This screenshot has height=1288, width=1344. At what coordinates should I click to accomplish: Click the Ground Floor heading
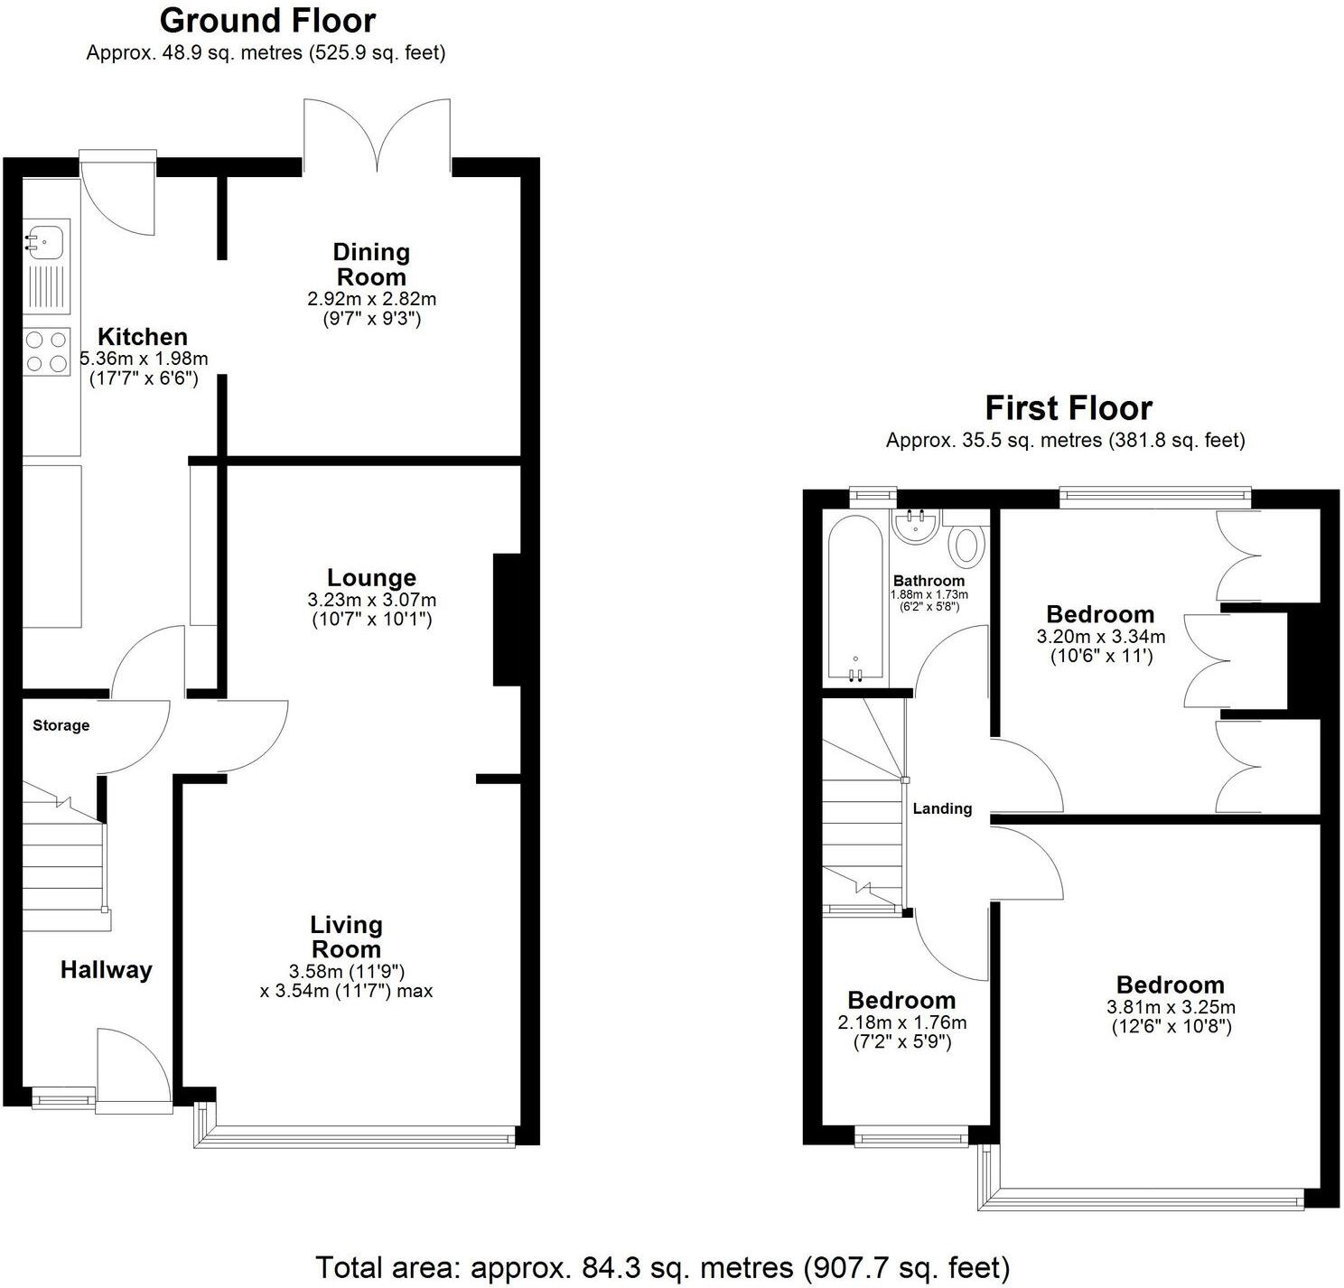(x=267, y=21)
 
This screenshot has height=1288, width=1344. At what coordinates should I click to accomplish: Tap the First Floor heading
(x=1069, y=408)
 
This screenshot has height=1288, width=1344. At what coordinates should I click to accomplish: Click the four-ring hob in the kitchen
(x=47, y=351)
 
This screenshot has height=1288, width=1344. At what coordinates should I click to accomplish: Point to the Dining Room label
(x=371, y=265)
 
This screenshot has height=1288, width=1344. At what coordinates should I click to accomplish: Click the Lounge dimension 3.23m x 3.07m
(x=371, y=600)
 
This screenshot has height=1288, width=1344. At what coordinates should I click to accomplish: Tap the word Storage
(x=61, y=725)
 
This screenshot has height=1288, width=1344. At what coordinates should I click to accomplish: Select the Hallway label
(x=107, y=970)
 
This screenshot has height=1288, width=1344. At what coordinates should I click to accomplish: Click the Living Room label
(x=346, y=938)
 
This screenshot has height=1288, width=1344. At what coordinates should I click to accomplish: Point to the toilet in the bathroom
(x=967, y=545)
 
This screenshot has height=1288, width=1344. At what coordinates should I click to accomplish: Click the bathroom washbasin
(x=916, y=527)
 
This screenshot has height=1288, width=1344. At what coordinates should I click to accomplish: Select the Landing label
(x=942, y=808)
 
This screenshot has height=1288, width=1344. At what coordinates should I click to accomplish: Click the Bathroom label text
(x=929, y=581)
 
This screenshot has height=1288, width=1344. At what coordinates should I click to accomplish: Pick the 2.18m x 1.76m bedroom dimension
(x=902, y=1022)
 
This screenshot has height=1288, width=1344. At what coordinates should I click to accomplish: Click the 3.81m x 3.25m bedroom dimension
(x=1171, y=1007)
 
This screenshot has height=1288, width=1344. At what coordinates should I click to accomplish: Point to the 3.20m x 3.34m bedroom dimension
(x=1101, y=637)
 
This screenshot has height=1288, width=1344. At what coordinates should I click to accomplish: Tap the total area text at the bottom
(x=662, y=1268)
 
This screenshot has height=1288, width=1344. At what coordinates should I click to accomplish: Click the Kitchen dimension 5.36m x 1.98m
(x=144, y=359)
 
